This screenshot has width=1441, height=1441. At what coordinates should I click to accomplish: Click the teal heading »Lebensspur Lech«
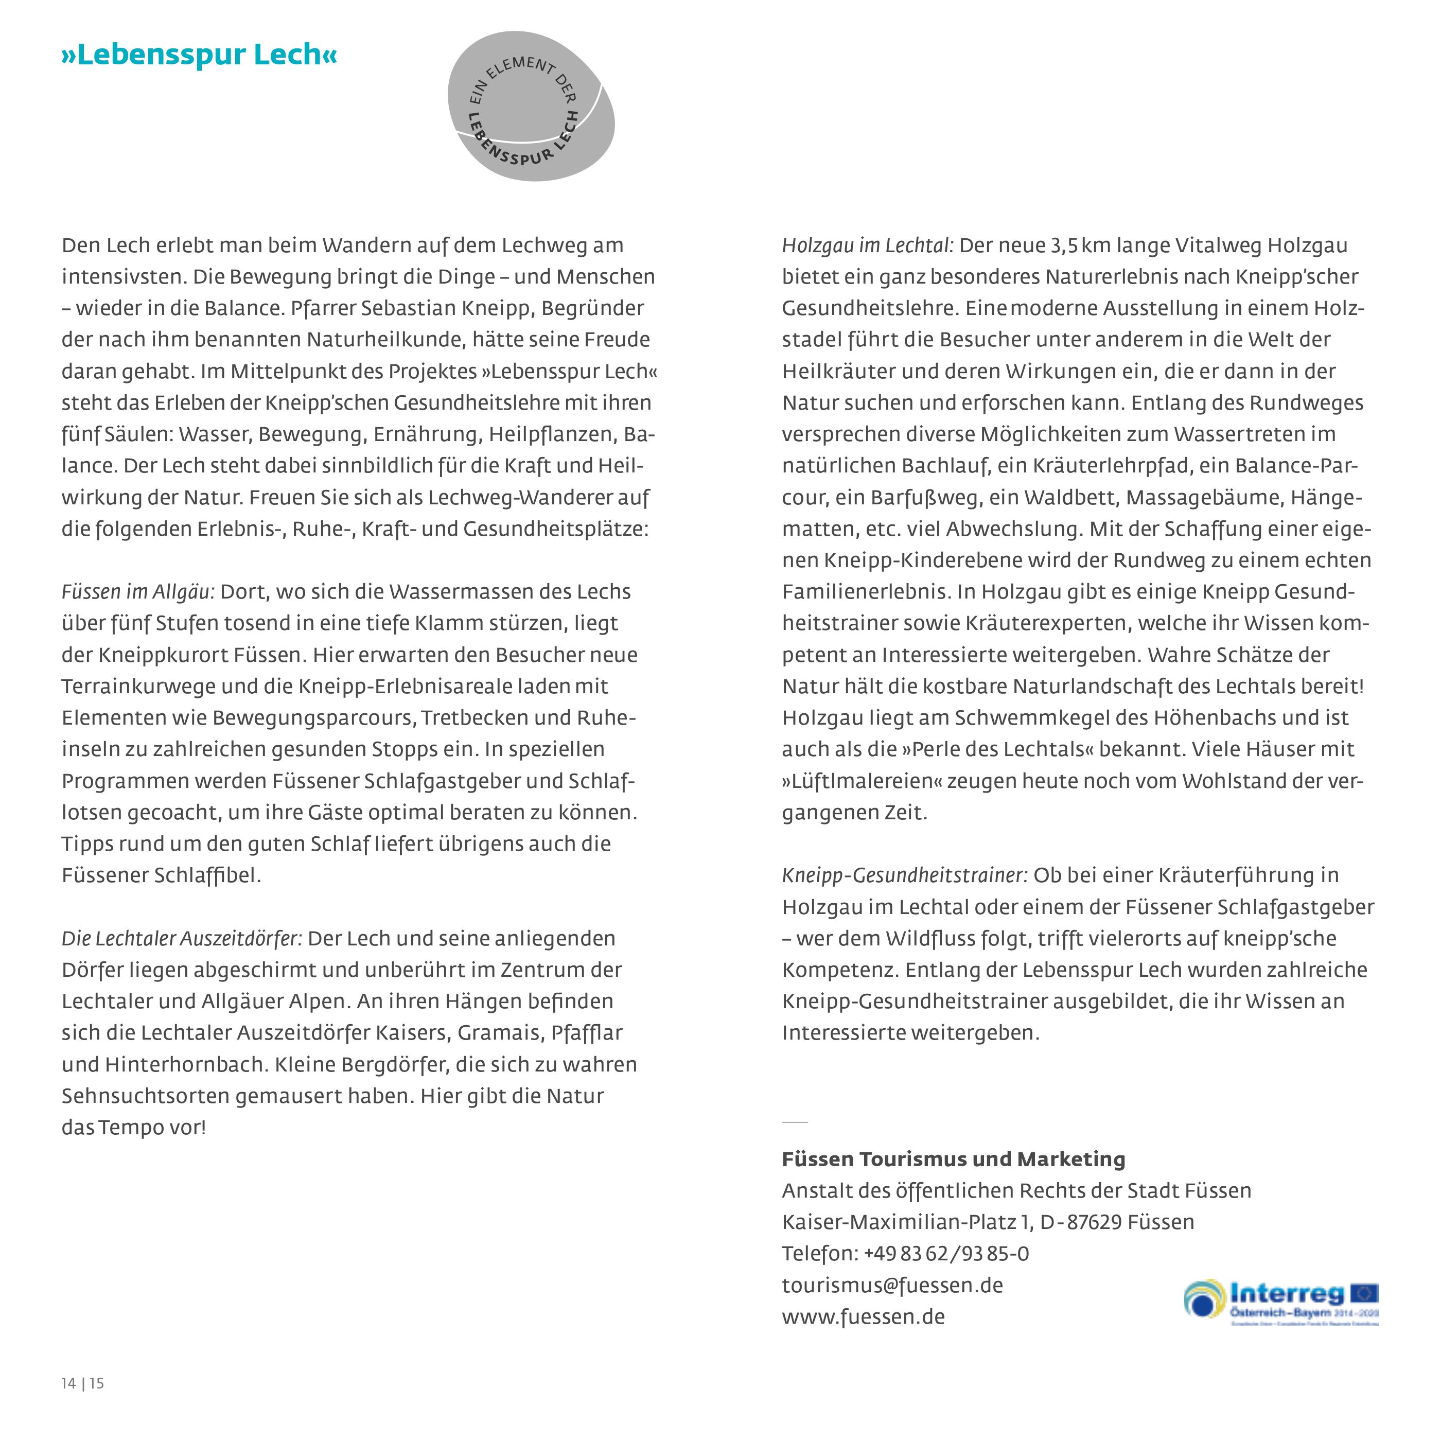(x=199, y=55)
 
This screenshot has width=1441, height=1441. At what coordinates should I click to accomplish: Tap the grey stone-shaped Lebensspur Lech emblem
(x=531, y=107)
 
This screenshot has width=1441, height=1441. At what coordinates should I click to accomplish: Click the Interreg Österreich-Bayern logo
(x=1280, y=1302)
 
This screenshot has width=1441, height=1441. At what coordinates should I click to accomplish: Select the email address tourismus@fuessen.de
(x=892, y=1285)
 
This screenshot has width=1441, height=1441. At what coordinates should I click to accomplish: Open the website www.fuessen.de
(x=863, y=1316)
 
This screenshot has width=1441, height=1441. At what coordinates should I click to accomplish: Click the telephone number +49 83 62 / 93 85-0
(x=946, y=1253)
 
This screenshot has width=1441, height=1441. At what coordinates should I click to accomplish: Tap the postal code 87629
(x=1094, y=1222)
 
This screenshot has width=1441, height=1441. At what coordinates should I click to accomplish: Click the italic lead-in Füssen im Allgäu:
(x=138, y=592)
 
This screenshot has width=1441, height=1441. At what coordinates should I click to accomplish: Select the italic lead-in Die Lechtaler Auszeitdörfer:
(x=181, y=938)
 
